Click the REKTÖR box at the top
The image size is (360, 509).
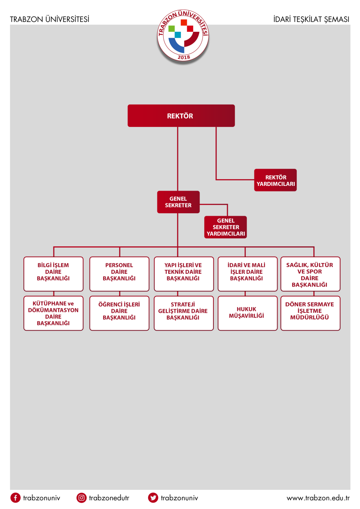181,116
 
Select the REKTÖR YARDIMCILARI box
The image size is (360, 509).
275,180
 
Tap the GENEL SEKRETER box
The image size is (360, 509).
178,202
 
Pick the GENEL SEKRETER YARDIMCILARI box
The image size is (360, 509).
225,227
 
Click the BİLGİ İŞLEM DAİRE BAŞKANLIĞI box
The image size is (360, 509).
53,274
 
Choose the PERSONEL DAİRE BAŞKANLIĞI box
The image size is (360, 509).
119,274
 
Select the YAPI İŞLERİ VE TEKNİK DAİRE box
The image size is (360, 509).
184,274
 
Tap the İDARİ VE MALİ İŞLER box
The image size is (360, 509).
248,274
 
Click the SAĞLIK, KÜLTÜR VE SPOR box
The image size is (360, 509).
311,274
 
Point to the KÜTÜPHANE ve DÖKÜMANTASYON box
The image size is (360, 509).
53,313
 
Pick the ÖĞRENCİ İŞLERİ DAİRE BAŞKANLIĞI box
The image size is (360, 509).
119,313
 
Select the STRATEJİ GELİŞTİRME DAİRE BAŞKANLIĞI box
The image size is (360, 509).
184,313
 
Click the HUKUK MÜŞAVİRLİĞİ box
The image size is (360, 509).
248,313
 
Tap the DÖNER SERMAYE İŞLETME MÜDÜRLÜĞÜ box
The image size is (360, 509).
311,313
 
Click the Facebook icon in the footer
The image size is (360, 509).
16,498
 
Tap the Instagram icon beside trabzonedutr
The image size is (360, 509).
81,498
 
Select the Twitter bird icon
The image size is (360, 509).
153,498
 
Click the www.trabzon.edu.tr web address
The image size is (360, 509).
318,498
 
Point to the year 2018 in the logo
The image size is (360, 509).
184,57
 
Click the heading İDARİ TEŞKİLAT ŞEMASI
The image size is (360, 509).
311,20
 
